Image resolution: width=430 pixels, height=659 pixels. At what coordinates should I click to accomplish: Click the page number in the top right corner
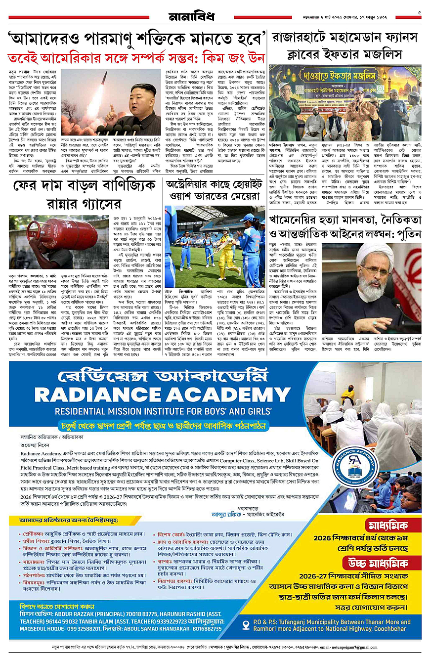419,13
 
